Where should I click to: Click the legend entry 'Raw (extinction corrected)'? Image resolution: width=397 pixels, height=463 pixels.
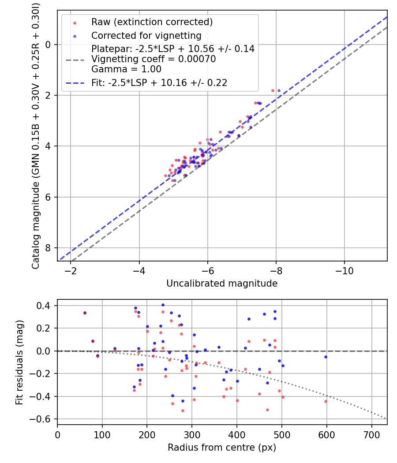coord(152,22)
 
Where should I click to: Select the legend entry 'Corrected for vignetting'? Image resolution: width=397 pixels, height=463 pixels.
coord(146,35)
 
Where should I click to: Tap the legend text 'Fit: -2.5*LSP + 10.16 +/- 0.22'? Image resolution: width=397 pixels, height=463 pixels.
coord(159,82)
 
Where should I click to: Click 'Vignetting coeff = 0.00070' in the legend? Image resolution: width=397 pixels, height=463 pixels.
coord(154,59)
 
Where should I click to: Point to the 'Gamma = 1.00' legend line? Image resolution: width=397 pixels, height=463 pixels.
coord(126,69)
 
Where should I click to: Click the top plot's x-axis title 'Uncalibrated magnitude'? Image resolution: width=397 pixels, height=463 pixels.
coord(222,284)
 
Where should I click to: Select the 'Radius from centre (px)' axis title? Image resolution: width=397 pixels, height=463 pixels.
coord(222,447)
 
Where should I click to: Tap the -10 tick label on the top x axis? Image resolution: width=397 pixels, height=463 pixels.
coord(345,271)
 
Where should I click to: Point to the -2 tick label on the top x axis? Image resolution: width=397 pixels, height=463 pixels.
coord(71,271)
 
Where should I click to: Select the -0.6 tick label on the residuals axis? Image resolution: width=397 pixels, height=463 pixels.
coord(43,419)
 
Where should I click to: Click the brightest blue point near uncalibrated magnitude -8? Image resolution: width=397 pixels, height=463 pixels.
coord(279,90)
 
